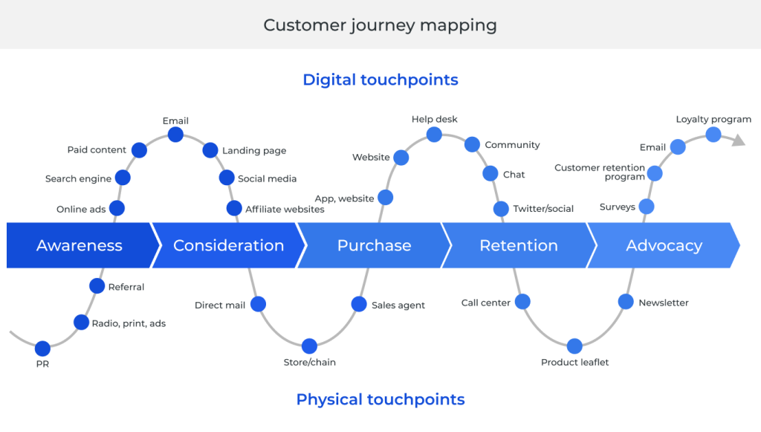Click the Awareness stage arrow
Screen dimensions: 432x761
click(x=80, y=245)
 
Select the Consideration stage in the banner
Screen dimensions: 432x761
click(x=228, y=245)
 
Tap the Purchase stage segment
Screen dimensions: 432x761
click(x=374, y=245)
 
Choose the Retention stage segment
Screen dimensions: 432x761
click(x=519, y=245)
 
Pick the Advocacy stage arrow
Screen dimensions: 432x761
click(x=664, y=245)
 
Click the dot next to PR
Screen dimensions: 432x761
click(x=42, y=348)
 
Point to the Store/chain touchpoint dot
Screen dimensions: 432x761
click(x=310, y=346)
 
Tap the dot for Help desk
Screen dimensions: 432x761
click(x=435, y=135)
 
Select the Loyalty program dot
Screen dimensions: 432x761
click(x=713, y=135)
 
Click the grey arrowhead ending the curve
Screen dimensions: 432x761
click(x=738, y=140)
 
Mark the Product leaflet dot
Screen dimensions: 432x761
click(x=574, y=346)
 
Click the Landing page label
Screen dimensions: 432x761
click(x=254, y=151)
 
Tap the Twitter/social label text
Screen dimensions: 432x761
click(x=543, y=209)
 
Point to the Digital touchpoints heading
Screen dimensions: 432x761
click(x=380, y=80)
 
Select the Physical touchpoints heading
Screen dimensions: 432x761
click(x=380, y=399)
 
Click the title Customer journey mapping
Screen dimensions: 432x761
click(x=380, y=25)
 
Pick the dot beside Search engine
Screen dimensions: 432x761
click(x=123, y=178)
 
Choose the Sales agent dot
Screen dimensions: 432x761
click(x=359, y=304)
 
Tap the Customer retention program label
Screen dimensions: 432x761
click(x=600, y=173)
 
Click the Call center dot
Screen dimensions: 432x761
click(x=522, y=302)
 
